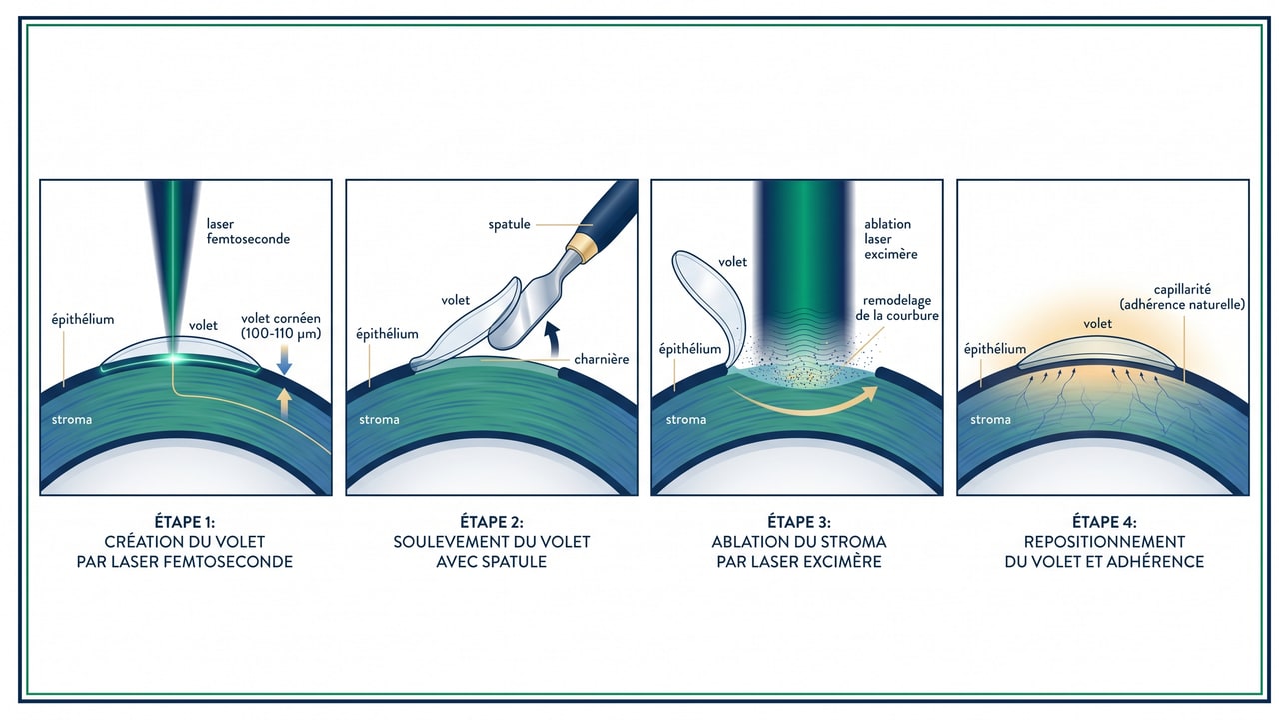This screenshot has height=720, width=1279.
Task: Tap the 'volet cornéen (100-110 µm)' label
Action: coord(281,327)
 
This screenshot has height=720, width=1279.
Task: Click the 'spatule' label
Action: coord(510,224)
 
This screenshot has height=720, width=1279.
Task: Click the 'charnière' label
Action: coord(601,359)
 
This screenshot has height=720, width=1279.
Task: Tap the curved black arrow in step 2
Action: coord(550,336)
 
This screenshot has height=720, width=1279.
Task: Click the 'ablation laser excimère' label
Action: coord(890,239)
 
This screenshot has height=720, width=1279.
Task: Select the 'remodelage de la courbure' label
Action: coord(897,308)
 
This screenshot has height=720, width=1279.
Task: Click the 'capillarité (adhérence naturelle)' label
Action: coord(1182,297)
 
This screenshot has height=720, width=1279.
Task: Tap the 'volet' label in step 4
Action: coord(1098,323)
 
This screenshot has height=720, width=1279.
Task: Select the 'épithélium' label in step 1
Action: coord(83,320)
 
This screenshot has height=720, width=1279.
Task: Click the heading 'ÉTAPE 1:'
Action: coord(185,522)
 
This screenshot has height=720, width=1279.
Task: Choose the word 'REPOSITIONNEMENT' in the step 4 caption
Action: coord(1104,542)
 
